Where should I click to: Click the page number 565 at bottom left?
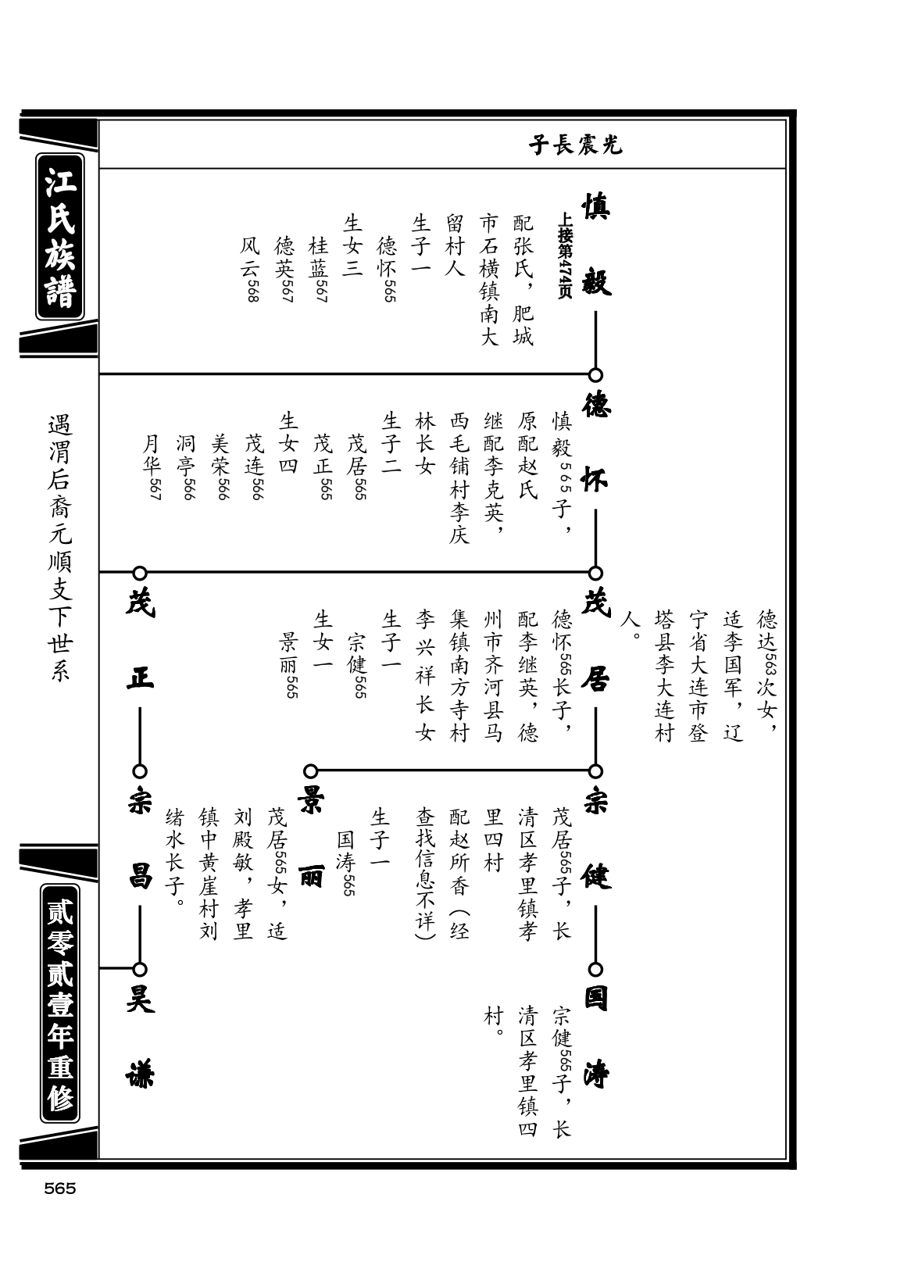point(60,1189)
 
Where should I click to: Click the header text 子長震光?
point(575,145)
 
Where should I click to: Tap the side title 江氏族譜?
point(60,237)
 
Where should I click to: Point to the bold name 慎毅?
point(596,244)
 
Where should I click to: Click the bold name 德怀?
point(596,443)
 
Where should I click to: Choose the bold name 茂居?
point(596,641)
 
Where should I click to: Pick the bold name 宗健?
point(596,839)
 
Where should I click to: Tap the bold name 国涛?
point(596,1038)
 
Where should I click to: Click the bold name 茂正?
point(140,641)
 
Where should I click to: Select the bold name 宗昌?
point(140,839)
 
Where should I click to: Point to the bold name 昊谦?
point(140,1038)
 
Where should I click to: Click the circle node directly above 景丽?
point(310,771)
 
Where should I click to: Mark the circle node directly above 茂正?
point(140,573)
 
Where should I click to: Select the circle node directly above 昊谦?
point(140,970)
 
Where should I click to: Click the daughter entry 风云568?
point(250,269)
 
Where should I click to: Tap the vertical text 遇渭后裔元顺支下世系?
point(60,549)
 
